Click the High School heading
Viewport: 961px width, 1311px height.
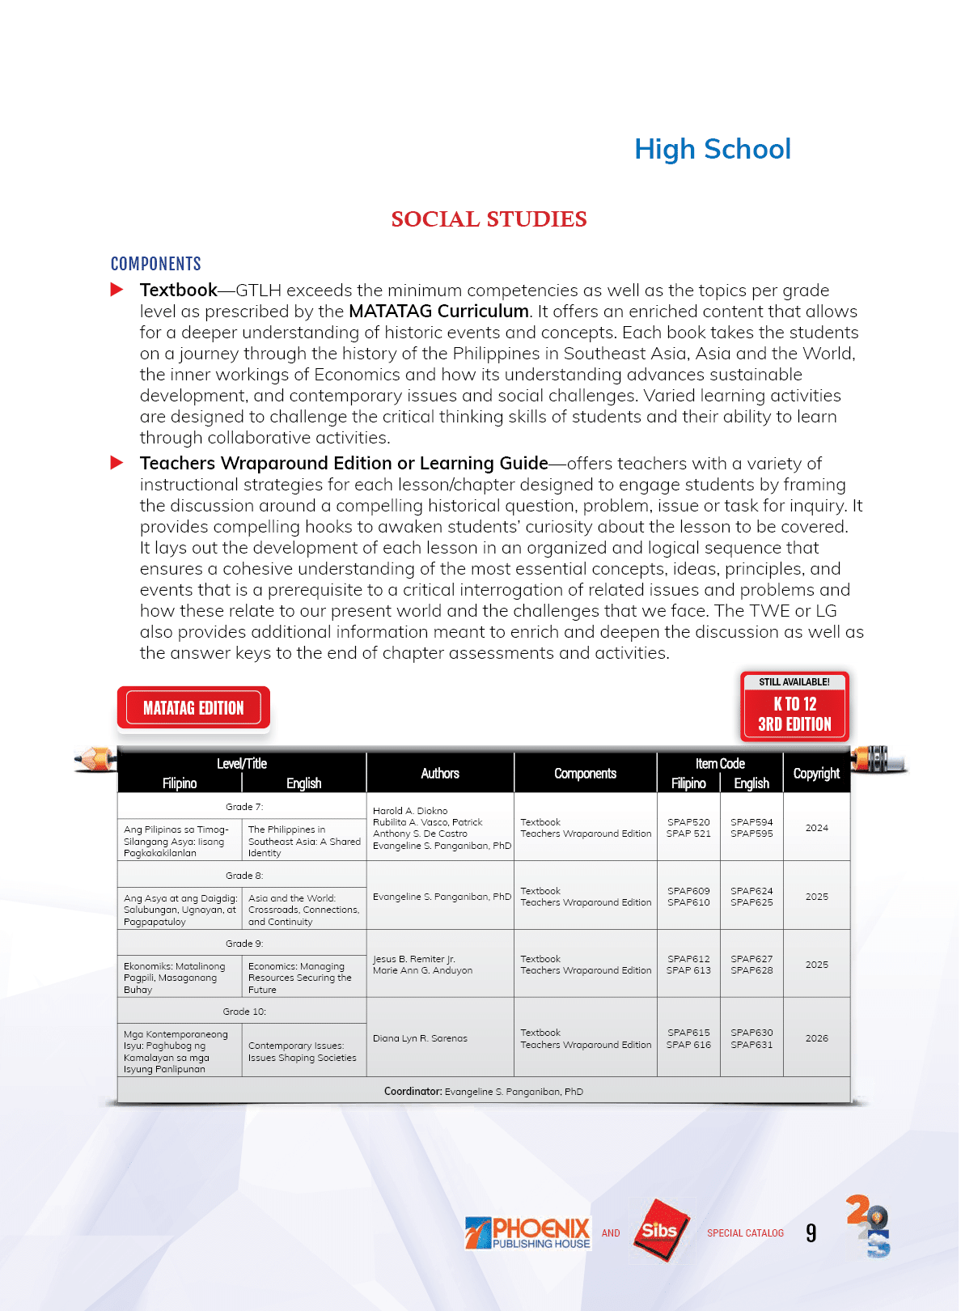point(712,149)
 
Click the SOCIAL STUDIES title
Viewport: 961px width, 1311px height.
point(489,219)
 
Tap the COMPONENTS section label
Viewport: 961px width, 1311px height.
point(156,264)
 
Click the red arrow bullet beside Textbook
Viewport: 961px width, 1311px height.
point(117,290)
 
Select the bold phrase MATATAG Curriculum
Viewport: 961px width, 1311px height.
point(438,312)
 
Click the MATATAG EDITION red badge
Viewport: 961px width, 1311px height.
point(193,708)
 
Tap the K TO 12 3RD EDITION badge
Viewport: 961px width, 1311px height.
point(794,707)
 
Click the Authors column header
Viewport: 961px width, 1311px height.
point(440,774)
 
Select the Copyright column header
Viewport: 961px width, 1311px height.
point(816,774)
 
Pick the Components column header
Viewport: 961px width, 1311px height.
point(585,774)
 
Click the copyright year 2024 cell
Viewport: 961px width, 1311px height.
point(816,828)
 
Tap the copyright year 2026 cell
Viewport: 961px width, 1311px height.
point(816,1038)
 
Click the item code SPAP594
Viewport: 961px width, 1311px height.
point(751,822)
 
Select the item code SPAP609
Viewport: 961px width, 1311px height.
point(688,891)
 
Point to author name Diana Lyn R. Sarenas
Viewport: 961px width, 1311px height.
point(420,1038)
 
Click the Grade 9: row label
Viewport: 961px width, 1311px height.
point(244,944)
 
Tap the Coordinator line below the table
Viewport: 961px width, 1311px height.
point(483,1092)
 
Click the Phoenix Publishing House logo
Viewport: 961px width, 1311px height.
point(527,1233)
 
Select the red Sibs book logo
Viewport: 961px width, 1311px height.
point(662,1231)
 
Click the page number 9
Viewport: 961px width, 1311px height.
point(811,1233)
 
